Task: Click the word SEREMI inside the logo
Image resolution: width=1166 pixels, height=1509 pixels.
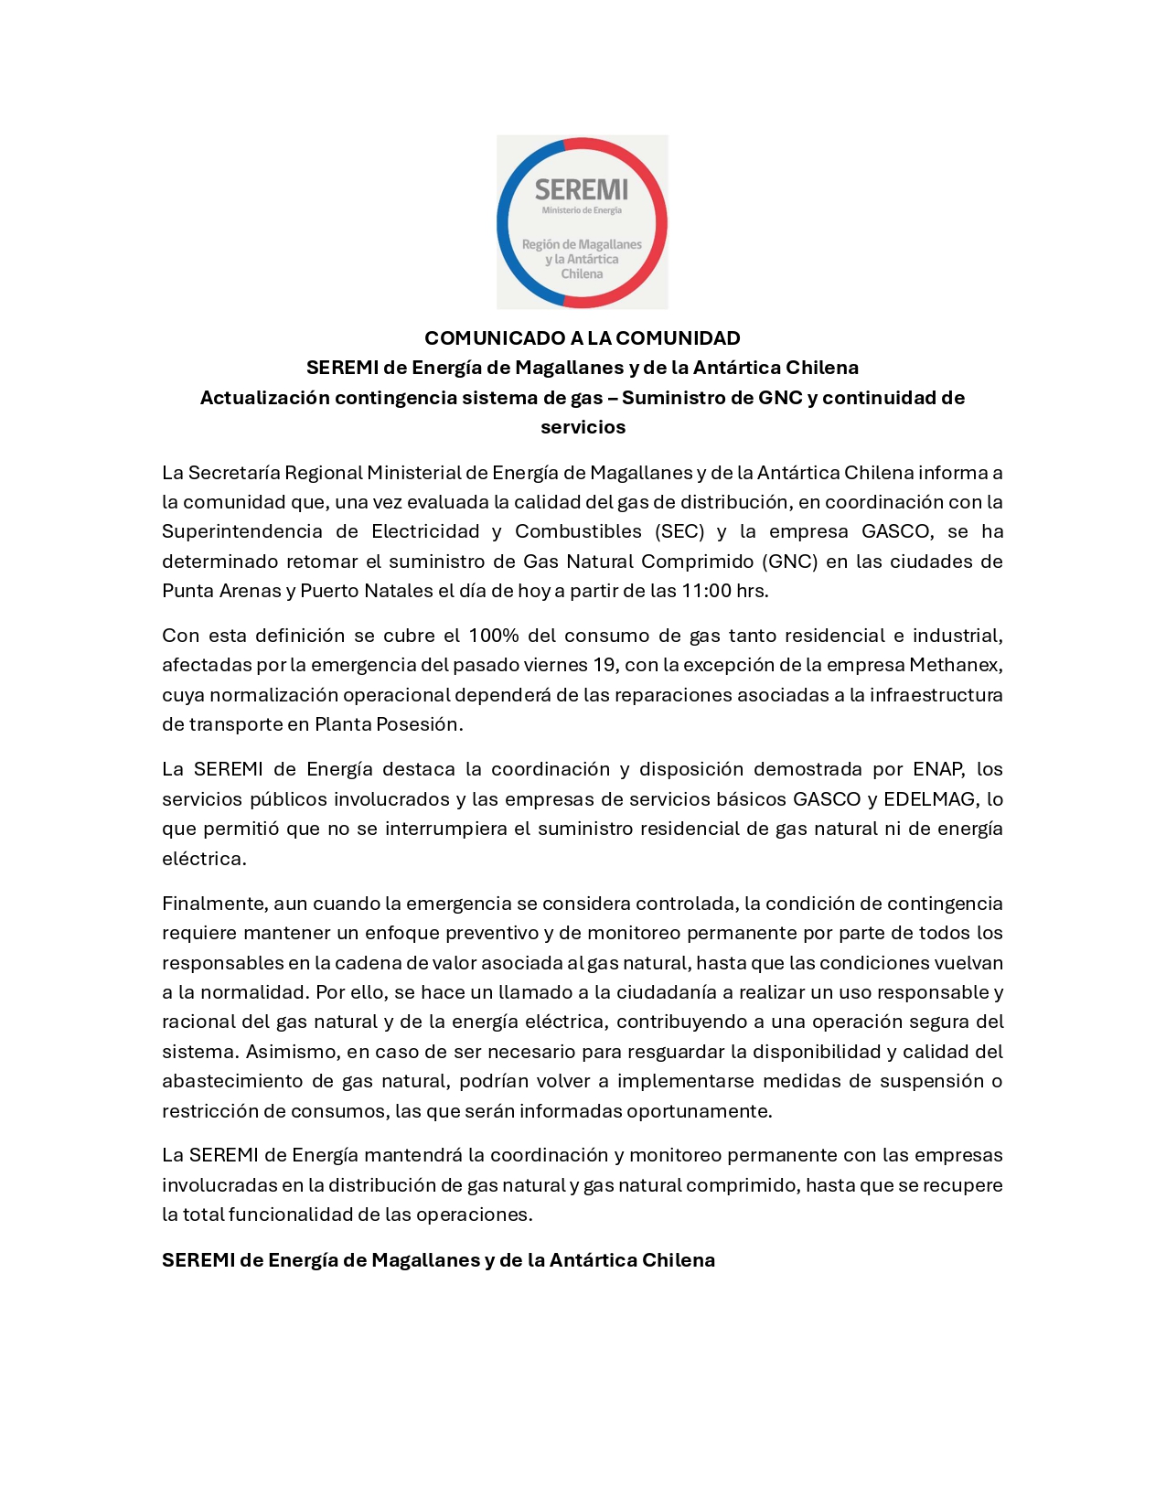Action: coord(581,189)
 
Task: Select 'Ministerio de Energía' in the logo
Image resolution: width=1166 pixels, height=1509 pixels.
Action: coord(582,210)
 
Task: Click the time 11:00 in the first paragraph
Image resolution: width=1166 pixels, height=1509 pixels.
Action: coord(706,591)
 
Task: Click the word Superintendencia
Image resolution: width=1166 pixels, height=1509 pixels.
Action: coord(241,531)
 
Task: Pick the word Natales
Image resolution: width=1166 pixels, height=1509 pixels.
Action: coord(399,591)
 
